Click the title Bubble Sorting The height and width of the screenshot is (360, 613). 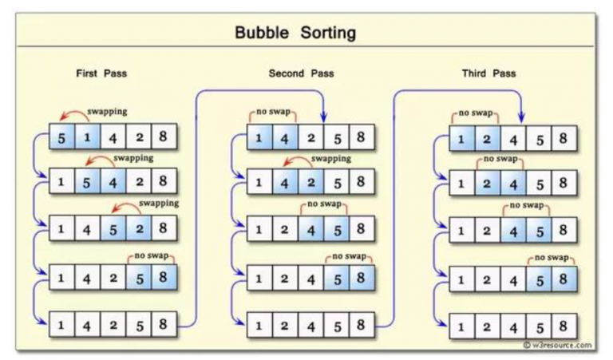(x=295, y=33)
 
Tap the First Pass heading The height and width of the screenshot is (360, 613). (x=101, y=73)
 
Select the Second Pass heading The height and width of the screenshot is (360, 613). (x=301, y=73)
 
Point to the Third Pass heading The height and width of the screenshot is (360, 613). (x=488, y=73)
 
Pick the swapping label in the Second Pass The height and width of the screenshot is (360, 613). (x=330, y=159)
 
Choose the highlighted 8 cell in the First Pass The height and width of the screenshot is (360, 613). (x=162, y=279)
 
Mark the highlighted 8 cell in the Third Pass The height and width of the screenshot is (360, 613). (x=563, y=279)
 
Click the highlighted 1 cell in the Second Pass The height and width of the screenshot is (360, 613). (x=259, y=137)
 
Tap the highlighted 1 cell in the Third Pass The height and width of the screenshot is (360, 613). (x=461, y=139)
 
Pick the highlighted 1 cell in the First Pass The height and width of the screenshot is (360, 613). (x=88, y=137)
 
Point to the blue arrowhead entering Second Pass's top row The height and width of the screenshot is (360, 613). (x=324, y=120)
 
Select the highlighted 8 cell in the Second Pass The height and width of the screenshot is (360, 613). (x=360, y=279)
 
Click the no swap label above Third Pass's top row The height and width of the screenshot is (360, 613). (x=475, y=113)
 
